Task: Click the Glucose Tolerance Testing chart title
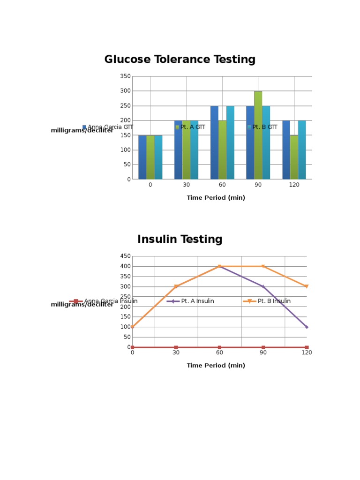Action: (x=180, y=60)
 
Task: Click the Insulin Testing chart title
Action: (x=180, y=240)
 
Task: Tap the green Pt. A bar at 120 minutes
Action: (x=294, y=157)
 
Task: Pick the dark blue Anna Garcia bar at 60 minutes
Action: (x=214, y=142)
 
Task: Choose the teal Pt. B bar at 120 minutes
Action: (x=302, y=150)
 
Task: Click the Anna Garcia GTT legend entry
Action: (x=108, y=127)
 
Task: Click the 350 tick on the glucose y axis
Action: (x=125, y=76)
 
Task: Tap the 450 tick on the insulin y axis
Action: (x=125, y=256)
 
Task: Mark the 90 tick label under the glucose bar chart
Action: (x=258, y=185)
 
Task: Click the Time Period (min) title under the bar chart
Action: (x=216, y=198)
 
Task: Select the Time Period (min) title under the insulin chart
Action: (x=216, y=366)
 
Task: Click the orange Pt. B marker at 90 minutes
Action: (x=263, y=267)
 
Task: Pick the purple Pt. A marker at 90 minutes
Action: (x=263, y=286)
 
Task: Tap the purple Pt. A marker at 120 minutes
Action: (x=307, y=327)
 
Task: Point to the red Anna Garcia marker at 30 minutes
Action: (x=176, y=347)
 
